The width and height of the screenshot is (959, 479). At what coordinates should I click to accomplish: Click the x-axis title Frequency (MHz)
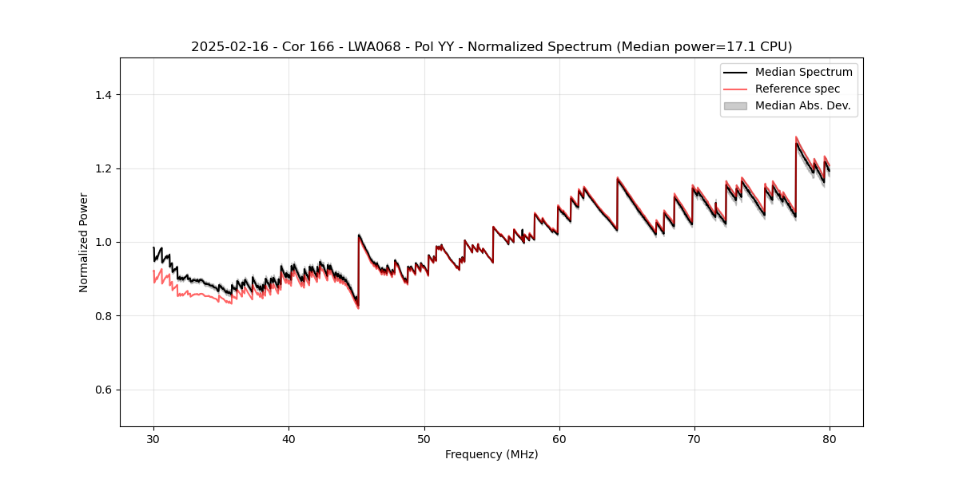491,454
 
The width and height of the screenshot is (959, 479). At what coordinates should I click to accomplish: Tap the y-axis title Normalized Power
84,242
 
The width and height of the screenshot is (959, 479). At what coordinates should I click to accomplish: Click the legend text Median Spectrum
803,72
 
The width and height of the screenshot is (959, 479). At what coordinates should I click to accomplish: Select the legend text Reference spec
798,89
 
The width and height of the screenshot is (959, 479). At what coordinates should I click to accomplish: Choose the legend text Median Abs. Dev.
802,105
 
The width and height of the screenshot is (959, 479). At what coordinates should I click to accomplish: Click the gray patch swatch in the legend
735,105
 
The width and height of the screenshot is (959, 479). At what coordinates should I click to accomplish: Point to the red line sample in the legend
735,89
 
